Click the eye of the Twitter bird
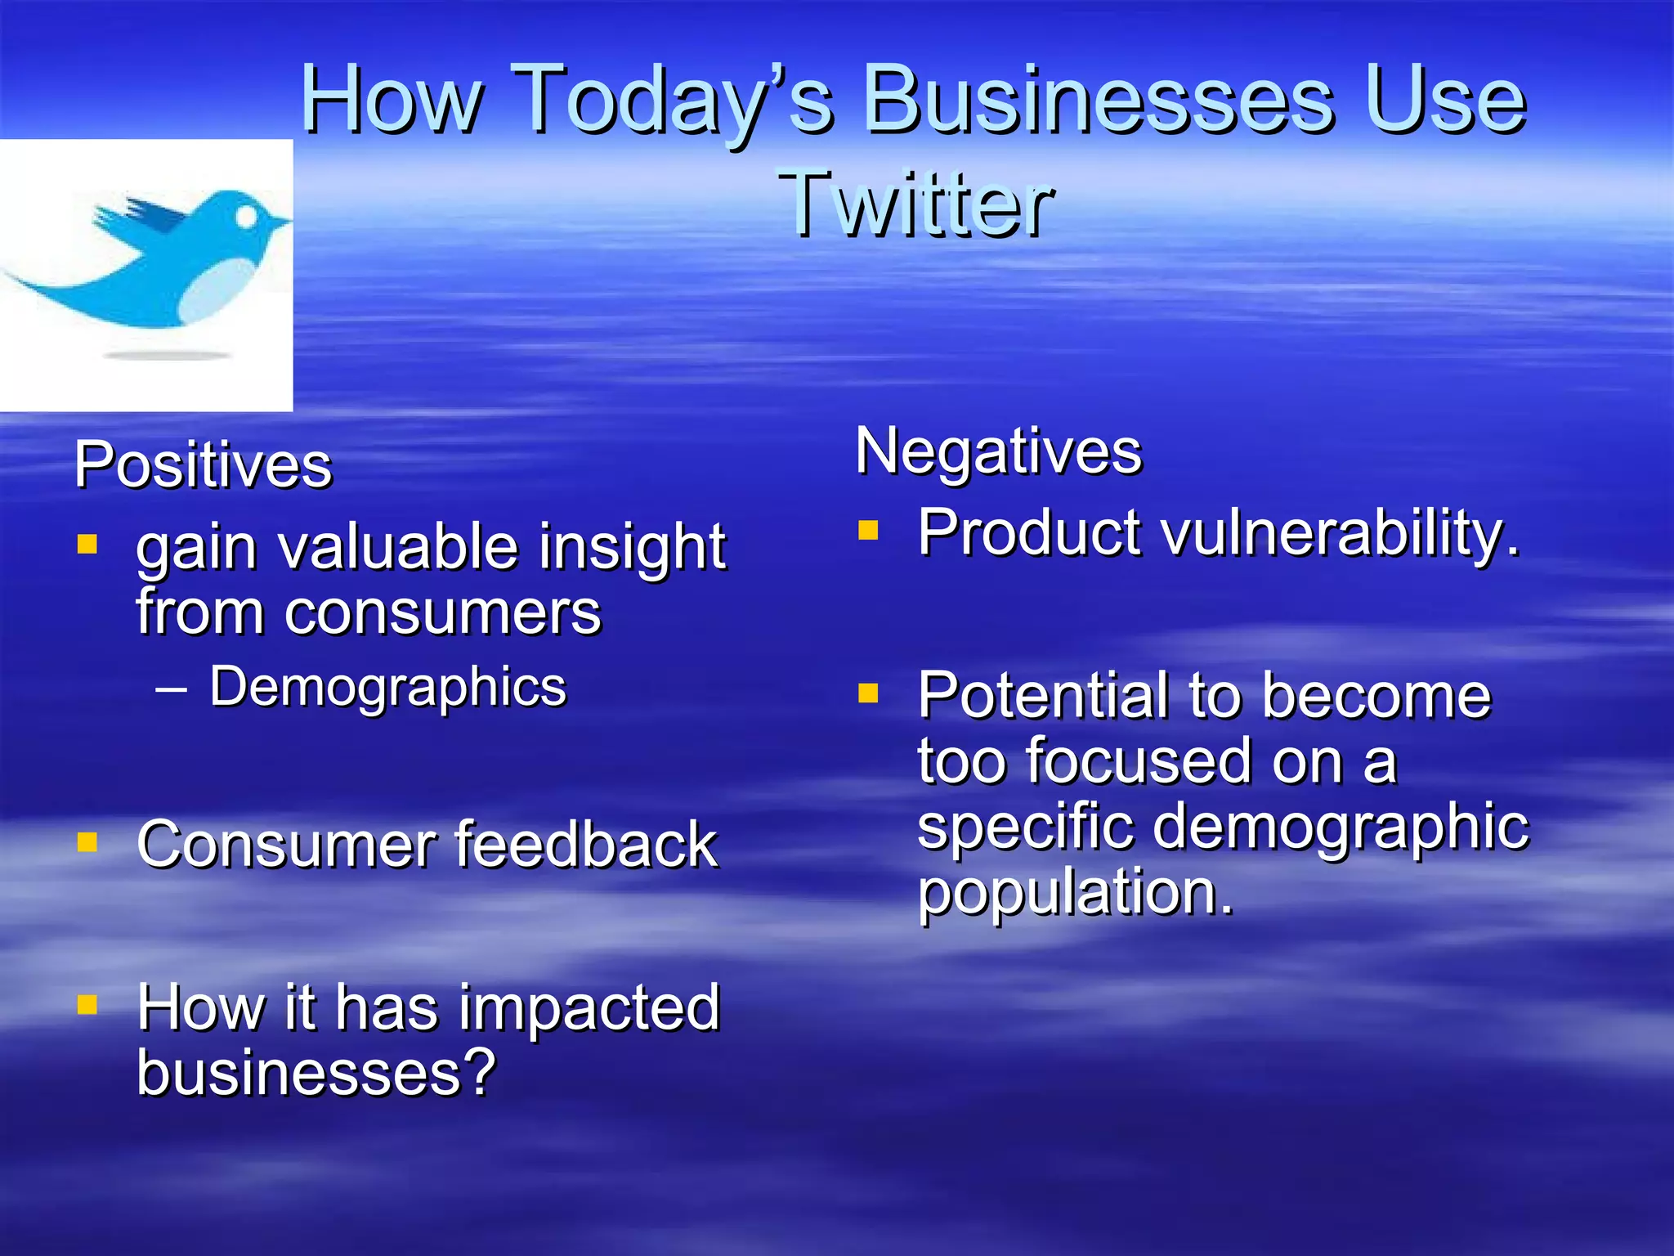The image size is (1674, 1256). (x=246, y=216)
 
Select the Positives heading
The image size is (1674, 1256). (x=203, y=465)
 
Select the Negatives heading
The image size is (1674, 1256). (x=998, y=451)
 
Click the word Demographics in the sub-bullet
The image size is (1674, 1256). (x=387, y=687)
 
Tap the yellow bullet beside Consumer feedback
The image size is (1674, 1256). (x=87, y=841)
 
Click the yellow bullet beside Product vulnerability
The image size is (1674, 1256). (x=868, y=531)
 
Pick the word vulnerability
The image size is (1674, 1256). (x=1341, y=533)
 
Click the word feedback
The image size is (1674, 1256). (x=585, y=845)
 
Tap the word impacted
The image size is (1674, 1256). (x=589, y=1008)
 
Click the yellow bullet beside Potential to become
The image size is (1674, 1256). (x=868, y=694)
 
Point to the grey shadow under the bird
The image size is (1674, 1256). (x=168, y=356)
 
